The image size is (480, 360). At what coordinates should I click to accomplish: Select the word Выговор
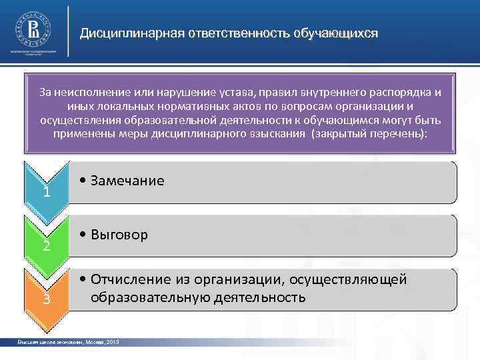click(120, 235)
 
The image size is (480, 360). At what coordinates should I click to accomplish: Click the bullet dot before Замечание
click(81, 181)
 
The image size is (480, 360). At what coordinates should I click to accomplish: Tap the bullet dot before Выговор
click(81, 235)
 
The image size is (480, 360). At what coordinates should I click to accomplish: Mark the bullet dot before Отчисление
click(81, 279)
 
